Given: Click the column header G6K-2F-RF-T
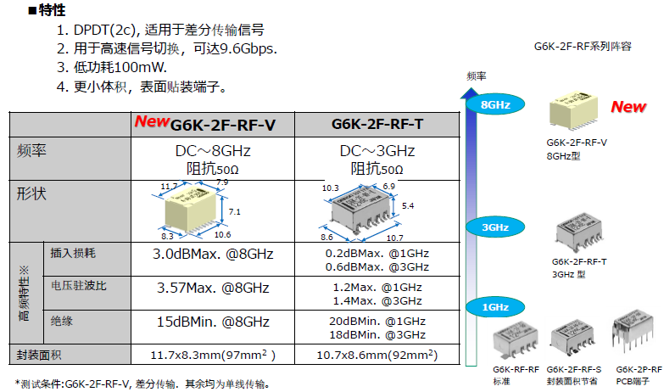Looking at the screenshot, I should pos(377,125).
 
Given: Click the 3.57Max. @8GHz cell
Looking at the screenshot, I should pos(212,288).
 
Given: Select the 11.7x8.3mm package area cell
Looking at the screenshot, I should pos(212,354).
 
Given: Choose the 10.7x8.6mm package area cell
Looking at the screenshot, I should pos(377,354).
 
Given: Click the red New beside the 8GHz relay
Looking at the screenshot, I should pos(628,107).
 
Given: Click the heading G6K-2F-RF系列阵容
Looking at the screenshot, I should pos(583,48).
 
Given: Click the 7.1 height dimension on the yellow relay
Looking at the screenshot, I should pos(236,211).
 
